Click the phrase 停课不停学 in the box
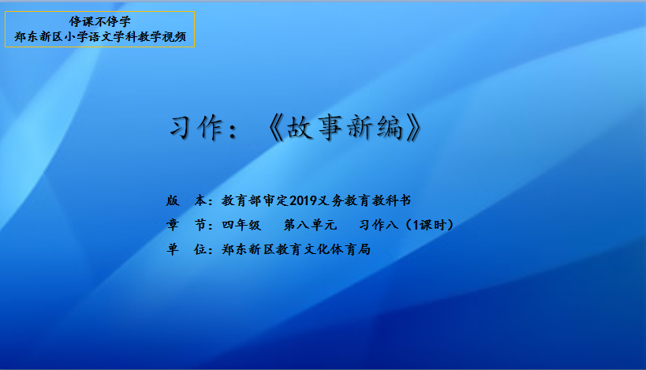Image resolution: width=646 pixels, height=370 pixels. [x=99, y=21]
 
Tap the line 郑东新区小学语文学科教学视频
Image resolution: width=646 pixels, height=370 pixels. [x=100, y=36]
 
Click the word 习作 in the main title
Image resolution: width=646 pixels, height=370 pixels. [x=196, y=127]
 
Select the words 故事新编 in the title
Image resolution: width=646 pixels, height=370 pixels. [x=345, y=127]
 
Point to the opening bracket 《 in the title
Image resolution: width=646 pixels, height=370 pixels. [x=274, y=128]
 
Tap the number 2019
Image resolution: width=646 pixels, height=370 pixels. [x=303, y=200]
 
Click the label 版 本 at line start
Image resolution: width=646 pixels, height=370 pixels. [x=186, y=200]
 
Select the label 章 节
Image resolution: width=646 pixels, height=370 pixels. [x=186, y=225]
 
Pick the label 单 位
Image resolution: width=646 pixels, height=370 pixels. [x=186, y=249]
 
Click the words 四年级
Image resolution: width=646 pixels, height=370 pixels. [x=241, y=225]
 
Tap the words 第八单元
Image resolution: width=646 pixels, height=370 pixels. [x=310, y=225]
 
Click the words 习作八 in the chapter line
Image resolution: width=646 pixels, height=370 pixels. [x=378, y=225]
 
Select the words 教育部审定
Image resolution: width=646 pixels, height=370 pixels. [x=256, y=200]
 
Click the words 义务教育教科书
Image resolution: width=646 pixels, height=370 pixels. [x=364, y=200]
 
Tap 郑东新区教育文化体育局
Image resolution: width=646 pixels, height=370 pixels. [x=296, y=249]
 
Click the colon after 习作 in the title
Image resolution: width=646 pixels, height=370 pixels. [x=233, y=131]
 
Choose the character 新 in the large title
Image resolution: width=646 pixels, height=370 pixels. [x=360, y=127]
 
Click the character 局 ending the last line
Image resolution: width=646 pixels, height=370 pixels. [x=364, y=249]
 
